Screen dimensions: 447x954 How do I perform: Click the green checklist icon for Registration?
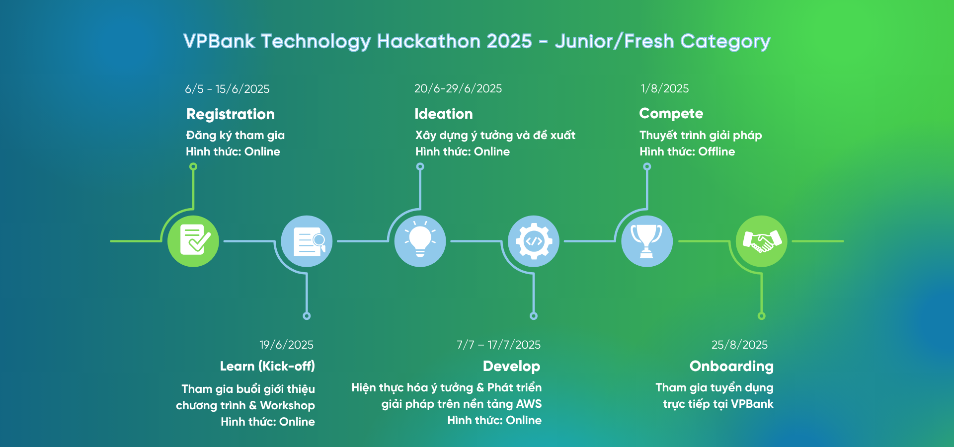tap(193, 241)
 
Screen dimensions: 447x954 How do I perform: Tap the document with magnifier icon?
tap(307, 241)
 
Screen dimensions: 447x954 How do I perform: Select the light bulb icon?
tap(420, 241)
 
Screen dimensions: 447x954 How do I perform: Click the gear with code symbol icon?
tap(534, 241)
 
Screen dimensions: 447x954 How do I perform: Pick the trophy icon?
tap(647, 241)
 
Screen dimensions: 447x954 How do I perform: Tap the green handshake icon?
tap(761, 241)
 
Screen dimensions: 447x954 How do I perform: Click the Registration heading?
tap(230, 114)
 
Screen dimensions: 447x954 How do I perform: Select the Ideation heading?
tap(443, 114)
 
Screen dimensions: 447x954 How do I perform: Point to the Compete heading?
tap(671, 114)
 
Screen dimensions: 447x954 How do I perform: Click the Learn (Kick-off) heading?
tap(267, 366)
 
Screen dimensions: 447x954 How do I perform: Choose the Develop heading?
tap(511, 366)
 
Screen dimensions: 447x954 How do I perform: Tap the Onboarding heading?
tap(731, 366)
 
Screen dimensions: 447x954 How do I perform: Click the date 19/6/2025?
tap(286, 345)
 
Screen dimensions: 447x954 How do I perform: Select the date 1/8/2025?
tap(664, 88)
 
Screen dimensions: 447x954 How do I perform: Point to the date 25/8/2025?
tap(739, 345)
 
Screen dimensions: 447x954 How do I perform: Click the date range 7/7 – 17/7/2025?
tap(498, 345)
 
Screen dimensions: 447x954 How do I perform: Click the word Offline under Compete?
tap(716, 151)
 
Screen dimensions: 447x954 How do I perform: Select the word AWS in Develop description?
tap(529, 404)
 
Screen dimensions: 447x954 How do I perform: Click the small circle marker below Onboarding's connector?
tap(761, 316)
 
